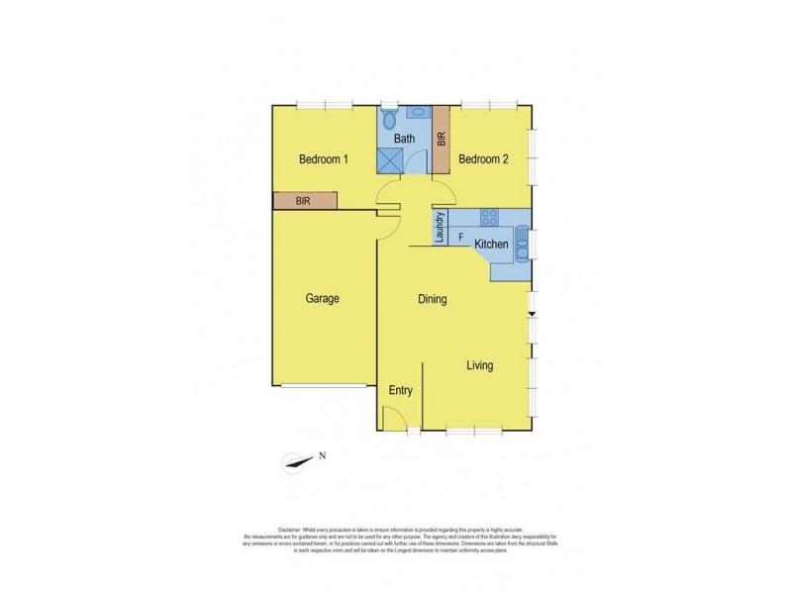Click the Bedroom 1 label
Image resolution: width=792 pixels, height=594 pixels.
pos(324,159)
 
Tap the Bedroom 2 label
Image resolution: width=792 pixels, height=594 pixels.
pos(484,159)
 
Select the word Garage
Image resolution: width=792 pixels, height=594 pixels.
pos(323,298)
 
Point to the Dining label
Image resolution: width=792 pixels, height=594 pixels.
pos(432,299)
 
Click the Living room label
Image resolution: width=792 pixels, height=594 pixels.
pos(480,366)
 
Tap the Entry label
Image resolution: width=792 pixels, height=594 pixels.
pos(400,391)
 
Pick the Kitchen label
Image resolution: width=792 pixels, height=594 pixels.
pos(492,245)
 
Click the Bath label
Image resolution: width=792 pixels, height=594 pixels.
pos(405,140)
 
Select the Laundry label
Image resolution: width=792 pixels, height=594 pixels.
pos(440,227)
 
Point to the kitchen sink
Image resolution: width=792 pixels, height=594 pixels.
pos(522,242)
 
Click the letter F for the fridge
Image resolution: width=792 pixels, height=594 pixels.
pos(460,238)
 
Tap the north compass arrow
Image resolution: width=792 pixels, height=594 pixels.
pos(296,461)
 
